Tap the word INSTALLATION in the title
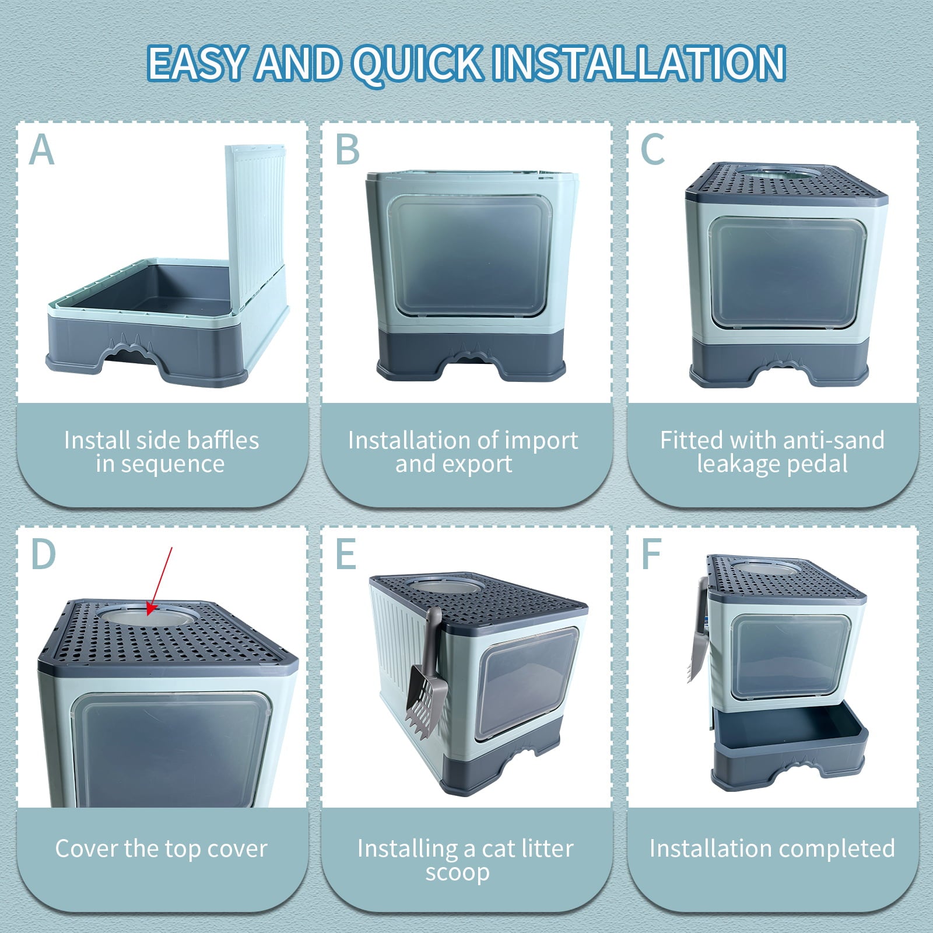pos(639,62)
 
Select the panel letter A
pos(41,150)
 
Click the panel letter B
pos(348,150)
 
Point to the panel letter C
pos(653,150)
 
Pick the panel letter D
pos(43,554)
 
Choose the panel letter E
pos(346,554)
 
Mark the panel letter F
pos(651,554)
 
